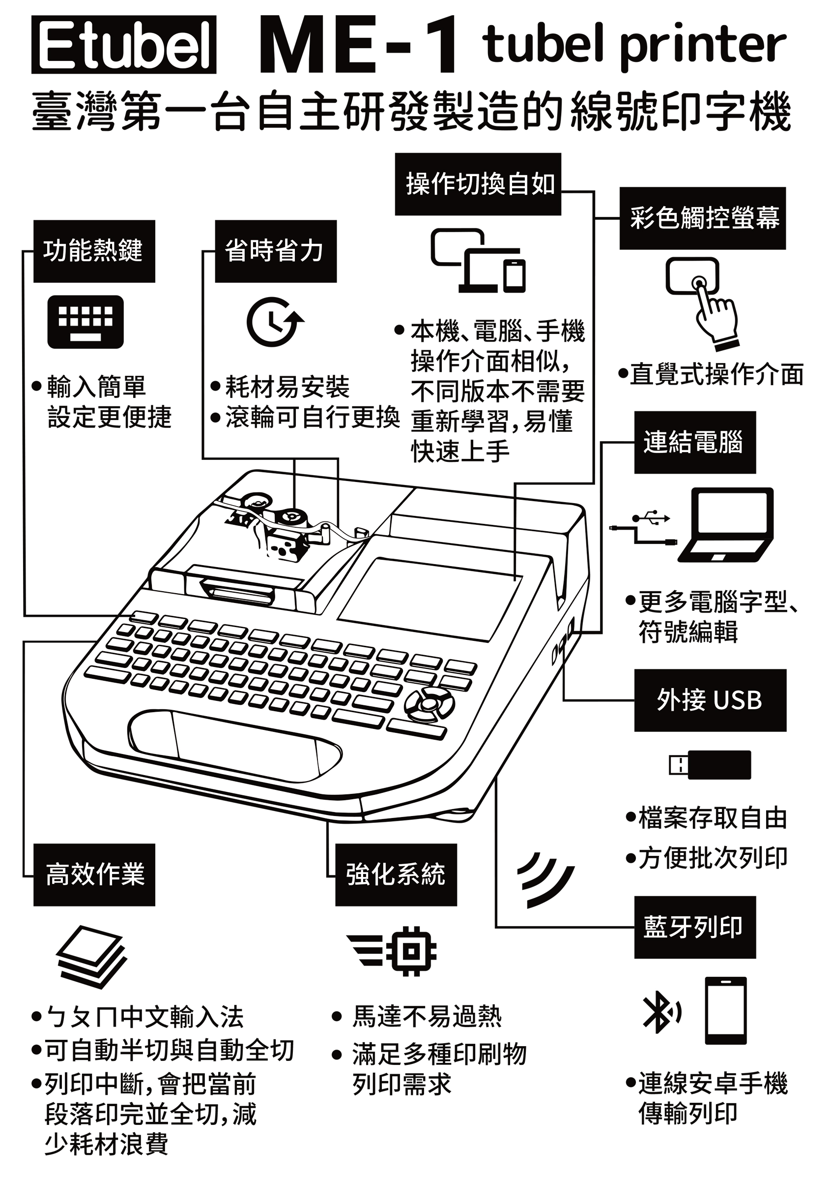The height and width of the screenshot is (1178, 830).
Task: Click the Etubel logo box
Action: click(123, 45)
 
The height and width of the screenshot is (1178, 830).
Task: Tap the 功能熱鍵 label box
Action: click(94, 251)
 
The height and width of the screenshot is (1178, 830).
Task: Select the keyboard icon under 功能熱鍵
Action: click(86, 322)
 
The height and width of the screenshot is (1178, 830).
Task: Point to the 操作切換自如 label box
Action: click(478, 184)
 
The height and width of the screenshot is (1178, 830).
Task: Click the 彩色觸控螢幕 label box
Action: click(702, 218)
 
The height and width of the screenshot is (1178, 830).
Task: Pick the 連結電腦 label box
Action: click(695, 442)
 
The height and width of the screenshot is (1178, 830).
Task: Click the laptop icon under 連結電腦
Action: click(725, 525)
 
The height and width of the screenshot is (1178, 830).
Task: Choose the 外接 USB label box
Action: click(710, 700)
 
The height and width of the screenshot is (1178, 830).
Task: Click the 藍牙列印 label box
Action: click(695, 927)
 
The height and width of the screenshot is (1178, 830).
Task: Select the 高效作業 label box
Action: click(94, 875)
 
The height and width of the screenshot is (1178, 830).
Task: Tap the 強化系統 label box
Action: click(396, 875)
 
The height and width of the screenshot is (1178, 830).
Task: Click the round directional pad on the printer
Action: click(429, 702)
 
